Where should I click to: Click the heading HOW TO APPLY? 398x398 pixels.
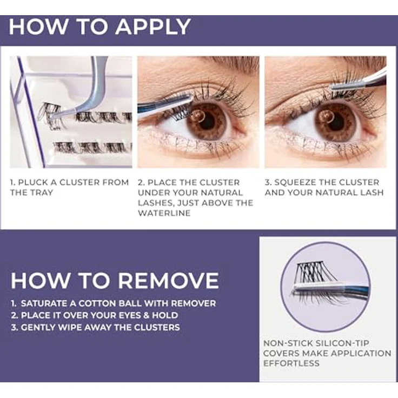(100, 26)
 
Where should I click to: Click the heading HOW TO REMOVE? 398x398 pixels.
(115, 280)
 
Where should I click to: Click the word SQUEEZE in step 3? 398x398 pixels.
(298, 182)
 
